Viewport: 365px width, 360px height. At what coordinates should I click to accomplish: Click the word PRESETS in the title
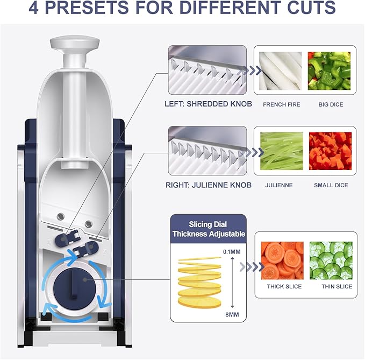click(100, 10)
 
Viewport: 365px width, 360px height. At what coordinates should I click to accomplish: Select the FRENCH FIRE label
click(281, 104)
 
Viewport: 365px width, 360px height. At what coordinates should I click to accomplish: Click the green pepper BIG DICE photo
click(330, 70)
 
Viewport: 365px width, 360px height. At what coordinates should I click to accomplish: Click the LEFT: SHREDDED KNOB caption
click(208, 104)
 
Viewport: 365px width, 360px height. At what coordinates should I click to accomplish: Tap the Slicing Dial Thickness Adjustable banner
click(209, 228)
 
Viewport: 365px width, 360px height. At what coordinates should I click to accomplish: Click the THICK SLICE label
click(284, 287)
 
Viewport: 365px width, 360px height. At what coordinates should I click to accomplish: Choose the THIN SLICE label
click(337, 287)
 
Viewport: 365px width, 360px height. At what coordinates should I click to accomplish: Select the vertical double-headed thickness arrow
click(232, 281)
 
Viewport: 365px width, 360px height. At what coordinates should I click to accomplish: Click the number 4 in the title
click(35, 10)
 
